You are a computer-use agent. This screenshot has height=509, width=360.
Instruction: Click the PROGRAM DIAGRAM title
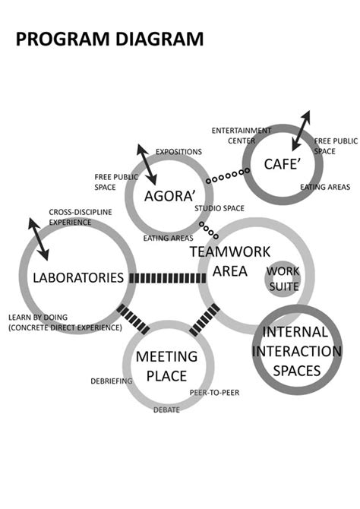(x=109, y=39)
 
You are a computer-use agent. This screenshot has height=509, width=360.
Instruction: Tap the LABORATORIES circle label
(x=78, y=278)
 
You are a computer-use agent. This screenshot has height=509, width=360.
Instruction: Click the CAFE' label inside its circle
(x=281, y=164)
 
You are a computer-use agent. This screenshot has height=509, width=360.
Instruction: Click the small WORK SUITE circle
(x=283, y=279)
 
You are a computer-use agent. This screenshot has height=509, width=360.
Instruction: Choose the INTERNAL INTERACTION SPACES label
(x=296, y=351)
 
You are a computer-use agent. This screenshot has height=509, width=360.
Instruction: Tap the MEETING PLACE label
(x=166, y=365)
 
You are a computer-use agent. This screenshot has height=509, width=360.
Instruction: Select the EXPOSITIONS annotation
(x=179, y=152)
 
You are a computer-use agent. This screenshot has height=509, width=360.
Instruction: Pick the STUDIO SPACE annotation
(x=219, y=207)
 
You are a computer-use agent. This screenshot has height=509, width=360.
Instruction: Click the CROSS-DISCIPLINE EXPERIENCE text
(x=70, y=217)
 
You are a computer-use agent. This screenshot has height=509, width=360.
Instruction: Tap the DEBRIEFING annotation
(x=112, y=380)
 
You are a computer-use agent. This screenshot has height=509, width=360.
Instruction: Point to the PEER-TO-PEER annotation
(x=210, y=393)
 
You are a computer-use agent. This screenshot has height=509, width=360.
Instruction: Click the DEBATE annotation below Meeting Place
(x=166, y=409)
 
